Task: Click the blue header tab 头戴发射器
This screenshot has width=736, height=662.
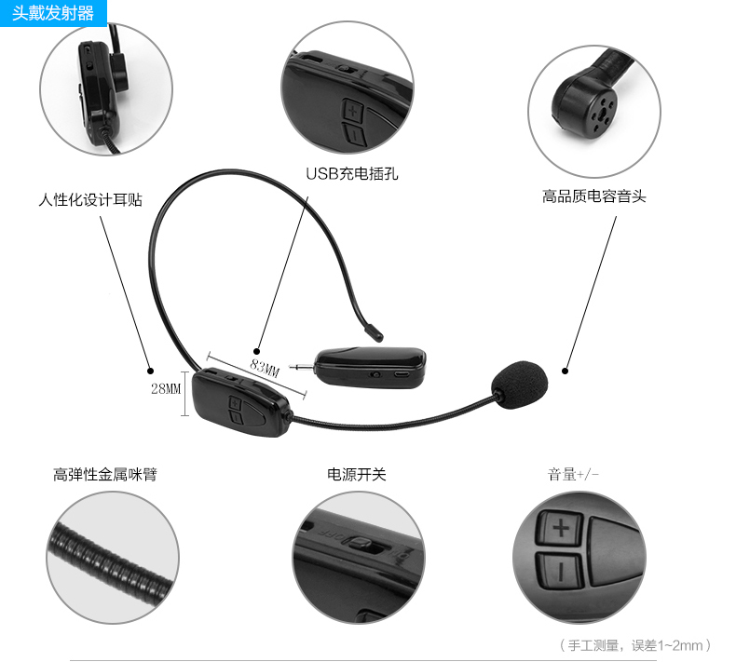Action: pos(53,13)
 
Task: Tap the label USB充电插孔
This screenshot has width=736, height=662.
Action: pos(351,173)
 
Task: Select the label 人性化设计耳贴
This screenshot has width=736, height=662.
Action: pos(90,199)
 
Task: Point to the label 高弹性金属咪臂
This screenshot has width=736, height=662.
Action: pos(105,474)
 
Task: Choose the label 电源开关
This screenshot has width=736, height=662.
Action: pos(356,474)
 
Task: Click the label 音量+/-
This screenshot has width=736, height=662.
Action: pos(572,474)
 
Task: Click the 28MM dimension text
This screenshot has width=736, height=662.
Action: pos(165,388)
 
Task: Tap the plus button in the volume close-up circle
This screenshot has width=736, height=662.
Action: pos(561,529)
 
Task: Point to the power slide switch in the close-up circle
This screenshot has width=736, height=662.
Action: pos(361,544)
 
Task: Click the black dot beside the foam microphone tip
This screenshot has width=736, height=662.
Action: pos(566,369)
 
